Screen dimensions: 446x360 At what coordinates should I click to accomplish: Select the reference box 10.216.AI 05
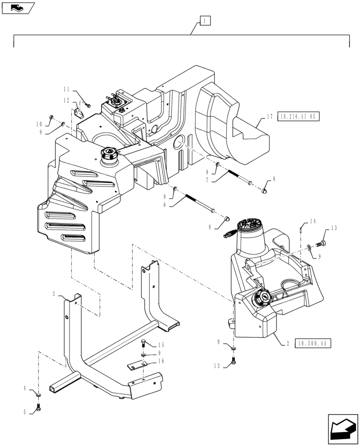point(298,117)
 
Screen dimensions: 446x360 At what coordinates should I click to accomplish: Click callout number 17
point(270,117)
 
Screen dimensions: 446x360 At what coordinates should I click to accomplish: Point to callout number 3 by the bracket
point(54,294)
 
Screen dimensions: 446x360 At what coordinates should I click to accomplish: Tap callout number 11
point(66,89)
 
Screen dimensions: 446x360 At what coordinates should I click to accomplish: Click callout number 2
point(288,344)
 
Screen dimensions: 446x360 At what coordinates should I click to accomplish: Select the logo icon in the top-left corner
point(18,7)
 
